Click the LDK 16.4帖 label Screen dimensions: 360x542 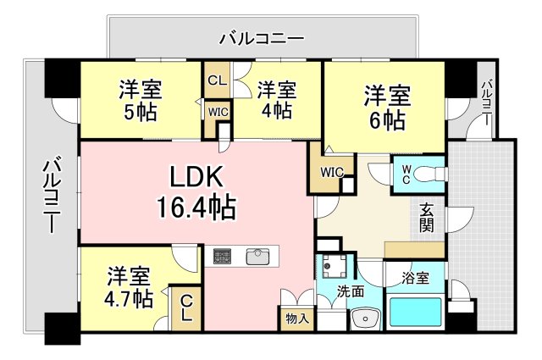[x=196, y=191]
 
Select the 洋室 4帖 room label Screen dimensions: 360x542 [x=277, y=100]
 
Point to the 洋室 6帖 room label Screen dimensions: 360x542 [x=387, y=106]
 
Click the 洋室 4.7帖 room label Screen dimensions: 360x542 [x=128, y=287]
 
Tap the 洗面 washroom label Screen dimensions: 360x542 [x=351, y=290]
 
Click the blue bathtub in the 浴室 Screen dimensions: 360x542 [x=415, y=313]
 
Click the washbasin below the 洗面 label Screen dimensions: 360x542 [x=365, y=318]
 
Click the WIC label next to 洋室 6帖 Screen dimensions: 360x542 [x=331, y=172]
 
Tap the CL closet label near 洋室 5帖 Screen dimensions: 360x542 [x=217, y=81]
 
